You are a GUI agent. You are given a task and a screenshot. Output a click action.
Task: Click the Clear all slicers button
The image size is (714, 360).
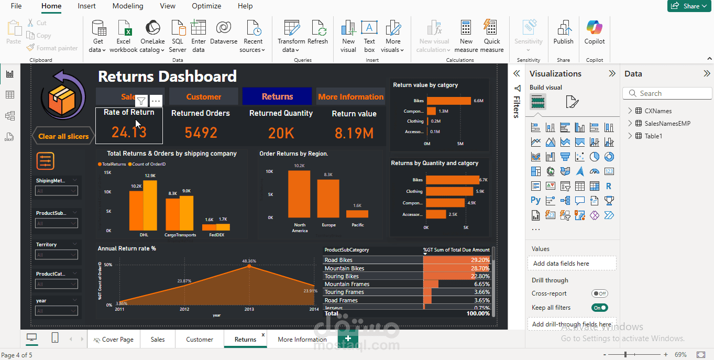[63, 136]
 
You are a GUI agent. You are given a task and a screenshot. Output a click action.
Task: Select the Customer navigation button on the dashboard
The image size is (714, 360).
[203, 96]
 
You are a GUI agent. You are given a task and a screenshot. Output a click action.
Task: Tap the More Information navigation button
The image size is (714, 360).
[350, 96]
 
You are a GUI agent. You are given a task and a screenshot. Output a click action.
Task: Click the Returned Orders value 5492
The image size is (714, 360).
[201, 133]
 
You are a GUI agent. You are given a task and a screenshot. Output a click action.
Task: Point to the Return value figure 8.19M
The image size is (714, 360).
[354, 133]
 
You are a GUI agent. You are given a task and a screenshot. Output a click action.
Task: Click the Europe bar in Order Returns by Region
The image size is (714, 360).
[328, 198]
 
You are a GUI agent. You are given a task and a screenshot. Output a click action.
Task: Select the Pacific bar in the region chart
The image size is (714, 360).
[357, 214]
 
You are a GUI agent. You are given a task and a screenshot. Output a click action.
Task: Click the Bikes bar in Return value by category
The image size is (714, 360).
[448, 101]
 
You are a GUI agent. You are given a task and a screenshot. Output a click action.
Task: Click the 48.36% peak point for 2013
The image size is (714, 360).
[249, 266]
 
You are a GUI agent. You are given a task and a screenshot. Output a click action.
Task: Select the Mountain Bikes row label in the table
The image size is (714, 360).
[344, 268]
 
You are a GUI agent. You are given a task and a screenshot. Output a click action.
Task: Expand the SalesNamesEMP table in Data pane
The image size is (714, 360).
[630, 124]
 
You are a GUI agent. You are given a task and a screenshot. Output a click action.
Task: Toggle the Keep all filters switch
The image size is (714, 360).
[599, 308]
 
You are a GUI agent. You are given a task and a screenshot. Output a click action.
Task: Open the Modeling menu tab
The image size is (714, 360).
[127, 6]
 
